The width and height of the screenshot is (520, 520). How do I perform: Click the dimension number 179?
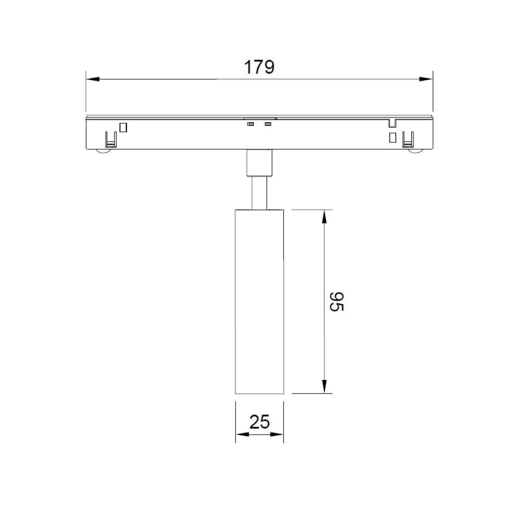(259, 67)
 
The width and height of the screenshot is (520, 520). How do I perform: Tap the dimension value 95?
(337, 302)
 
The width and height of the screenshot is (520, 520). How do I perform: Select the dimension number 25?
(259, 422)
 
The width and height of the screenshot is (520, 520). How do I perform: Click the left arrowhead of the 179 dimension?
(93, 79)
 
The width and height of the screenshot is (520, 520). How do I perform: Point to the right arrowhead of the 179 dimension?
(426, 79)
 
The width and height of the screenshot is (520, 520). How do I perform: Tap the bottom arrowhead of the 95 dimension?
(324, 386)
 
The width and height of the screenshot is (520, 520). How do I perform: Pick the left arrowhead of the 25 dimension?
(242, 434)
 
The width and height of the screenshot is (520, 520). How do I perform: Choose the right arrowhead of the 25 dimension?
(277, 434)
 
